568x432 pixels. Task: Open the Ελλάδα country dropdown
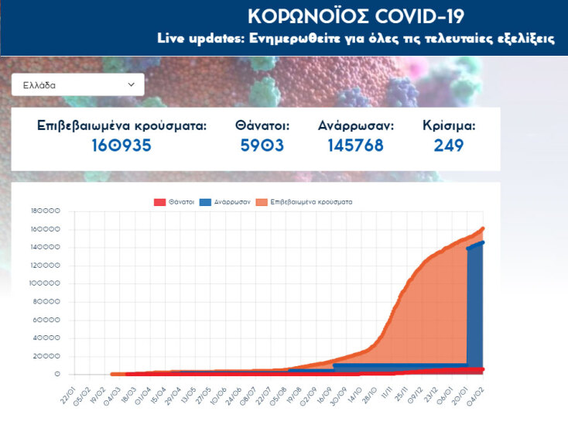77,84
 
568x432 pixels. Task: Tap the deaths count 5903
262,146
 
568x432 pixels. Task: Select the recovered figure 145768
355,146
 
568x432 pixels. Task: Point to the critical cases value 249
449,146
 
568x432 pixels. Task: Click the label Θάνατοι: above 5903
262,125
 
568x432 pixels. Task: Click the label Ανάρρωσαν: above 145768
356,125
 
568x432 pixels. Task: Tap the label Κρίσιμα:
449,125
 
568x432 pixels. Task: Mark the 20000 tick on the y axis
46,356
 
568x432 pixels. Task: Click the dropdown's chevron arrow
131,84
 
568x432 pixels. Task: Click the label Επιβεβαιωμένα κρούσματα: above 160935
122,125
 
